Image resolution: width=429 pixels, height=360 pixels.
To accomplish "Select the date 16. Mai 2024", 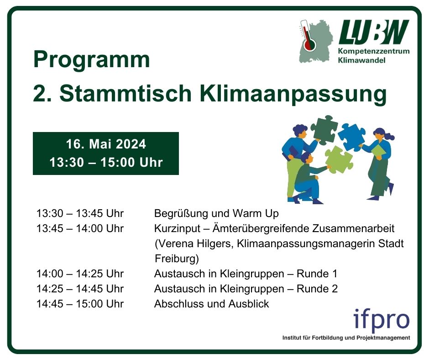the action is point(106,144).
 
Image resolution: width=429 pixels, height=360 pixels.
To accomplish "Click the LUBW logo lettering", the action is point(374,32).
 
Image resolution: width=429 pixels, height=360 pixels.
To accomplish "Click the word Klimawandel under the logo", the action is point(361,60).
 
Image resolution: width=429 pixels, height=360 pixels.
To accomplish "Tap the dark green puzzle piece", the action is point(324,129).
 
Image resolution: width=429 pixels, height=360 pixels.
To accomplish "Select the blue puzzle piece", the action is point(351,137).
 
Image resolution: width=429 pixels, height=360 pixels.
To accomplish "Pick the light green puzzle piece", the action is point(339,160).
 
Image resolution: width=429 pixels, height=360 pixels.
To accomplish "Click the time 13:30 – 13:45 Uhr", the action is point(80,213).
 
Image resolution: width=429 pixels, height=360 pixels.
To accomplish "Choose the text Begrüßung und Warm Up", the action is point(216,213).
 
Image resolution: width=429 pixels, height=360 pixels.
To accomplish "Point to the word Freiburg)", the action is point(177,259).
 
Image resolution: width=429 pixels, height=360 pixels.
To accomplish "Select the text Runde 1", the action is point(317,274).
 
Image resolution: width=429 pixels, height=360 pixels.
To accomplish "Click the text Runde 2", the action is point(317,289).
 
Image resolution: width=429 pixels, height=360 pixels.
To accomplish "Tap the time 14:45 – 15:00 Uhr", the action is point(80,304).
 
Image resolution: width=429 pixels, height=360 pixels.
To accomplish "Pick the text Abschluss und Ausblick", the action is point(211,304).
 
